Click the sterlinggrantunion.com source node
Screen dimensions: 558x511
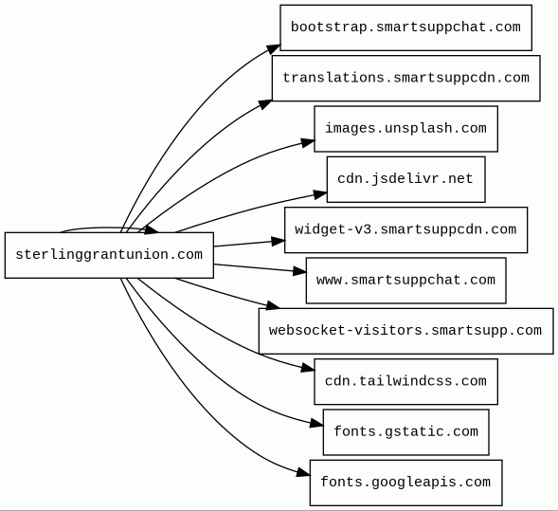coord(109,255)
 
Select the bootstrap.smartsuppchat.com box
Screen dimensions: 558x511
coord(405,27)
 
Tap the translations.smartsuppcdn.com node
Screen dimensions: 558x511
coord(406,79)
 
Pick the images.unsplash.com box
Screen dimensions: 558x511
coord(405,129)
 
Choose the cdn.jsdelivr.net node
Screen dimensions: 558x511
coord(405,179)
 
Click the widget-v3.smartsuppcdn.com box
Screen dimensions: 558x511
coord(405,230)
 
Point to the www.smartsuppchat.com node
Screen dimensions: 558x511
coord(405,281)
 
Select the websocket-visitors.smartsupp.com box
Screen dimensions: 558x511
coord(405,331)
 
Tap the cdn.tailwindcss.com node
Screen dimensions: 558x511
coord(405,382)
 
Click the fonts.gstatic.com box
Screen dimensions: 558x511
coord(405,432)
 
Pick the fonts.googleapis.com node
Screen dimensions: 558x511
coord(405,483)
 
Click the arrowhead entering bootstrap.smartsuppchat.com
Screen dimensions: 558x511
coord(274,48)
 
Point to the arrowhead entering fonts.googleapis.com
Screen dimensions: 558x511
coord(303,472)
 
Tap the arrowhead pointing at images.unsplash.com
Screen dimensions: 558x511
coord(308,142)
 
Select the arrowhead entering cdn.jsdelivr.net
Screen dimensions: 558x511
coord(320,194)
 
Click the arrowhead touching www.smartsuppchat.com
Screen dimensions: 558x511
coord(299,271)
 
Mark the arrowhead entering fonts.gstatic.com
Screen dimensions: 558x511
coord(316,424)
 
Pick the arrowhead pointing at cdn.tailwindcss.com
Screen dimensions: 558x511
coord(308,368)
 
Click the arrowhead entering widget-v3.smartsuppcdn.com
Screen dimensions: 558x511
coord(279,242)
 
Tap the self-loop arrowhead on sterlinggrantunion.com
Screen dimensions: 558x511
coord(152,229)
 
